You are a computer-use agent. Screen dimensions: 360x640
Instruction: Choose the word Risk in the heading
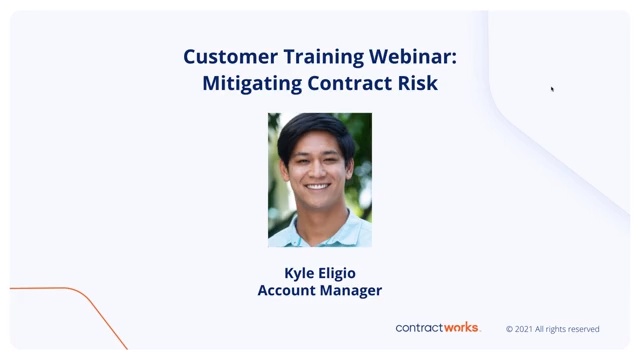tap(416, 83)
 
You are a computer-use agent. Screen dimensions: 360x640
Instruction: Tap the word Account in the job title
tap(286, 291)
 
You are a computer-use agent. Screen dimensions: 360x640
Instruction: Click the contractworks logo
tap(438, 328)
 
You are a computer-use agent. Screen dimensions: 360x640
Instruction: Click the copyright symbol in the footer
tap(509, 329)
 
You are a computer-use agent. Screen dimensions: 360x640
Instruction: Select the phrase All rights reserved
tap(570, 329)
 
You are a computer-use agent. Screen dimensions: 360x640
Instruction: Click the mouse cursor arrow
tap(552, 89)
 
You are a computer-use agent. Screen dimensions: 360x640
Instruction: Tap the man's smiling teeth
tap(316, 187)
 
